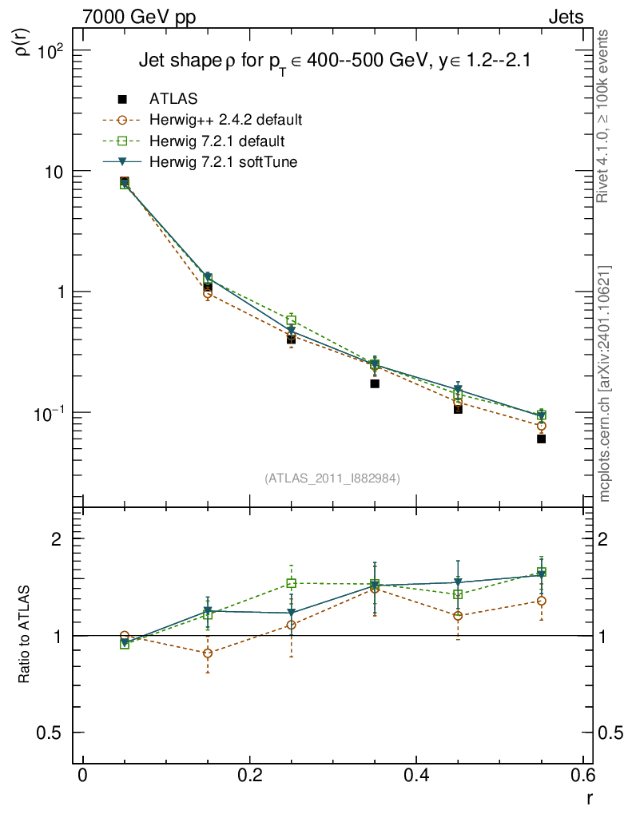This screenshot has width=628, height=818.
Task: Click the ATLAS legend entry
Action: [173, 99]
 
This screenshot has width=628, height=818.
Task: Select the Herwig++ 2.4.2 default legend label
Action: [225, 121]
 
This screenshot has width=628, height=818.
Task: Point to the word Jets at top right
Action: [565, 17]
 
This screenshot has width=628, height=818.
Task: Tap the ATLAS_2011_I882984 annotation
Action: [332, 478]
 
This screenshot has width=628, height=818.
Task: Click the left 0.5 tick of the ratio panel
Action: [54, 733]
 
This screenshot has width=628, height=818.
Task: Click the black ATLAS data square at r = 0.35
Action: [375, 383]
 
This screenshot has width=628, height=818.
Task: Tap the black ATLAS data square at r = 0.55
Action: [541, 439]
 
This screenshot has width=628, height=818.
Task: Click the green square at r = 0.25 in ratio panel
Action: [292, 583]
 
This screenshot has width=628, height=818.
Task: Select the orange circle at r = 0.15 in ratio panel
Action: [208, 653]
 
